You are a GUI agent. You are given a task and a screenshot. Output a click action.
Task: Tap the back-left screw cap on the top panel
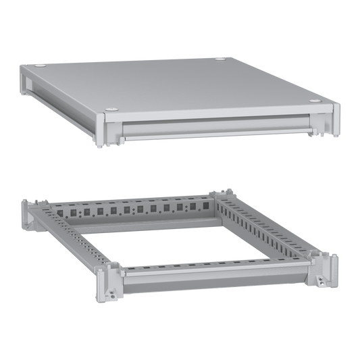pyautogui.click(x=43, y=66)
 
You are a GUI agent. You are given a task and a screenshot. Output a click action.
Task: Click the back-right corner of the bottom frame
pyautogui.click(x=222, y=195)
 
